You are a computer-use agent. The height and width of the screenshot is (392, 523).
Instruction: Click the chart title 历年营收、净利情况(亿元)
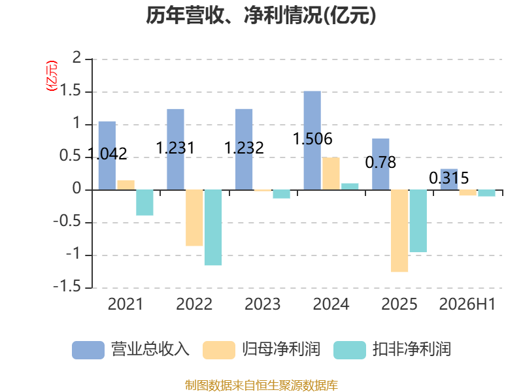[x=261, y=15]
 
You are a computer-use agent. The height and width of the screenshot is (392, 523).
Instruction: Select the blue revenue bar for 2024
[x=312, y=140]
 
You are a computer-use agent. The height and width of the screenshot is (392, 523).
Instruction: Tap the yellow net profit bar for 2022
[x=194, y=218]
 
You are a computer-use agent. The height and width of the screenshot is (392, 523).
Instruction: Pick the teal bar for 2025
[x=418, y=221]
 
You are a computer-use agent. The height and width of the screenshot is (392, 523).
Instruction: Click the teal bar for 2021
[x=144, y=203]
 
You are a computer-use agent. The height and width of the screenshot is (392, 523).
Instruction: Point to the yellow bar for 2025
[x=399, y=231]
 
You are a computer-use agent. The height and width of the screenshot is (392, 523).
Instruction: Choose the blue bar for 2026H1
[x=449, y=179]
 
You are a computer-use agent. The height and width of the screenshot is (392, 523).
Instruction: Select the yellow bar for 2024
[x=331, y=174]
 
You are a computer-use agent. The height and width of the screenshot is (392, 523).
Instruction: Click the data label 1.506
[x=312, y=139]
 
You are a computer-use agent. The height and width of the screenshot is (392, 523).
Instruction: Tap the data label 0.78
[x=380, y=162]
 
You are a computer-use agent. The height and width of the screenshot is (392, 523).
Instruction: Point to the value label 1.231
[x=175, y=148]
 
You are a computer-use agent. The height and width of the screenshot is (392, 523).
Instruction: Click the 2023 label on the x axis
[x=263, y=304]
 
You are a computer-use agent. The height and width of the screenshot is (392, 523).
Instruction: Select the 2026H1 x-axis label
[x=467, y=304]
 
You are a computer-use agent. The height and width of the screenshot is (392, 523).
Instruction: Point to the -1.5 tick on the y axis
[x=67, y=287]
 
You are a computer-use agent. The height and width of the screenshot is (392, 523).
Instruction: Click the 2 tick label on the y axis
[x=76, y=58]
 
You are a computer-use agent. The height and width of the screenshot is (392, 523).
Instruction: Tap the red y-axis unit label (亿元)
[x=52, y=76]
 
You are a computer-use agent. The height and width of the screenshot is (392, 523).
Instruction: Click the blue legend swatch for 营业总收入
[x=88, y=350]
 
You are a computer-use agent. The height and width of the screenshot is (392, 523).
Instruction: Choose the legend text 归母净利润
[x=281, y=350]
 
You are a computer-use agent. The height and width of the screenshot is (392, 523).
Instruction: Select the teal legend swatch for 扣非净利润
[x=350, y=350]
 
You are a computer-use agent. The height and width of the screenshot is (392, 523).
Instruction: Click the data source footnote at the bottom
[x=261, y=385]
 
